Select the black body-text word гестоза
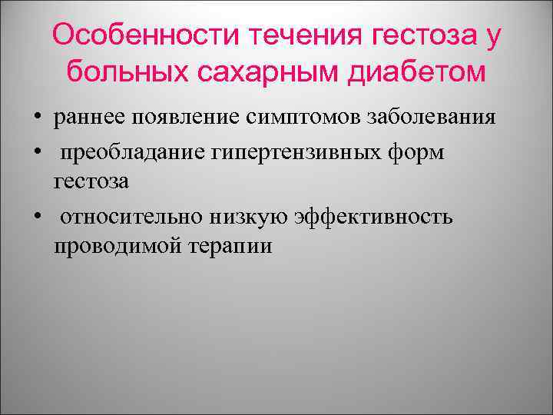coord(91,181)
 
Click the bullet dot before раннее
coord(37,119)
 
